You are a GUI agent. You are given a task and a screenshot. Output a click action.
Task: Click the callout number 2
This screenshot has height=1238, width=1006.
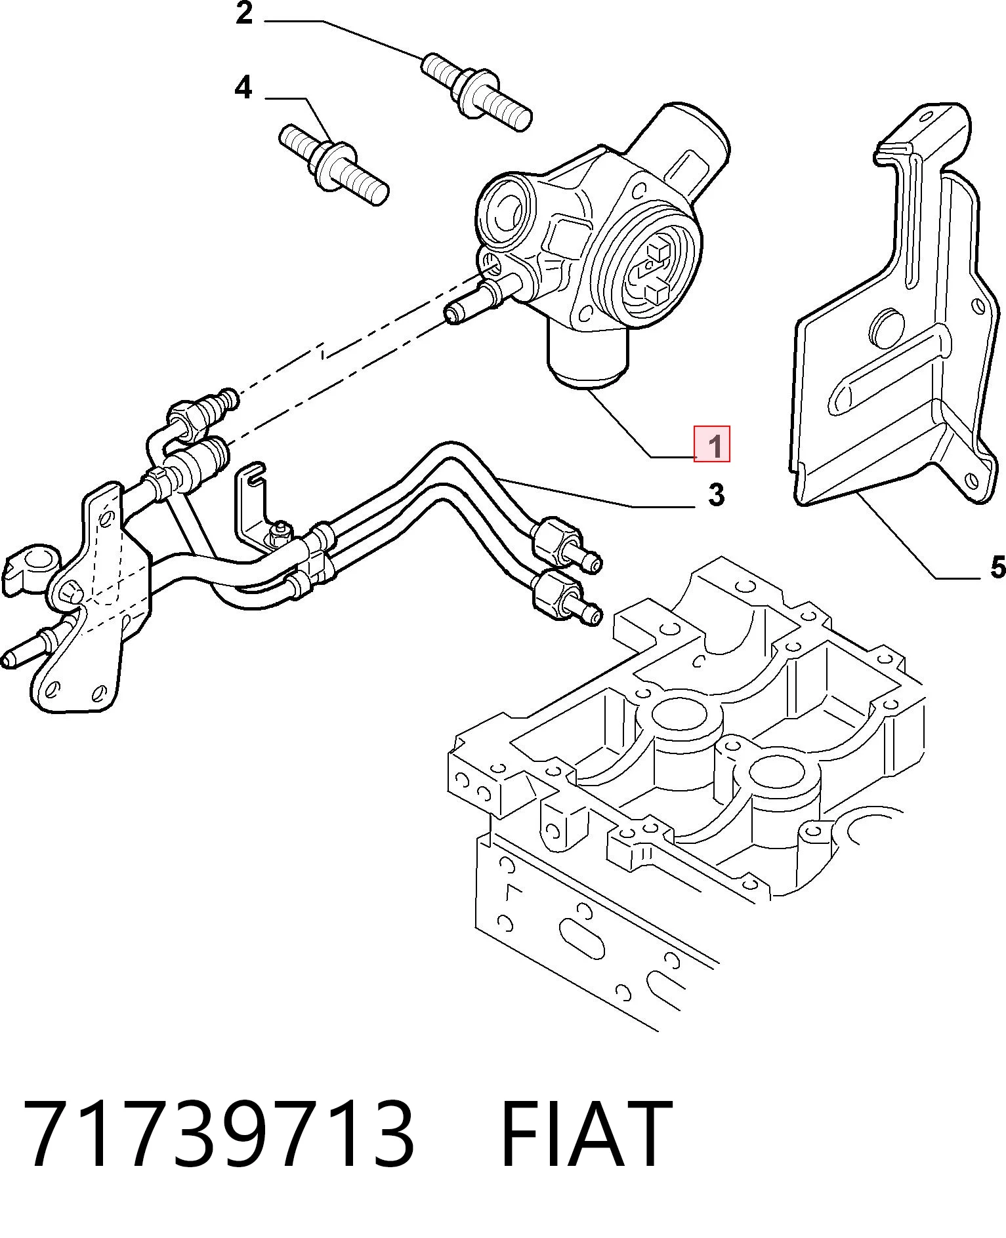point(244,14)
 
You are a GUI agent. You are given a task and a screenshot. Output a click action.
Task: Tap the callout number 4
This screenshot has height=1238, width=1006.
point(243,87)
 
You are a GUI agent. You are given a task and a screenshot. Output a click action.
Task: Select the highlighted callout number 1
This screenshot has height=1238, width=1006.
point(712,444)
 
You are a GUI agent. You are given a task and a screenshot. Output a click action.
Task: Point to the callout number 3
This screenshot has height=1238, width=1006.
point(716,495)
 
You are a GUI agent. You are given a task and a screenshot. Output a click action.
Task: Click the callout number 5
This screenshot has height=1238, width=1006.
point(997,567)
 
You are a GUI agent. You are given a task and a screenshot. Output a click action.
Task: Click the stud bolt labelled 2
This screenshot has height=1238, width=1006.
point(476,92)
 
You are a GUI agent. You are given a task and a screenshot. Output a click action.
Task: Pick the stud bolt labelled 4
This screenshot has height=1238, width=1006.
point(335,165)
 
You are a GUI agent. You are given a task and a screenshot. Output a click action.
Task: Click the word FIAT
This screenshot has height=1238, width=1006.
point(585,1134)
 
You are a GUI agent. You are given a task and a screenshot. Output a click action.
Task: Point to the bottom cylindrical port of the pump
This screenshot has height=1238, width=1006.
point(588,357)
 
